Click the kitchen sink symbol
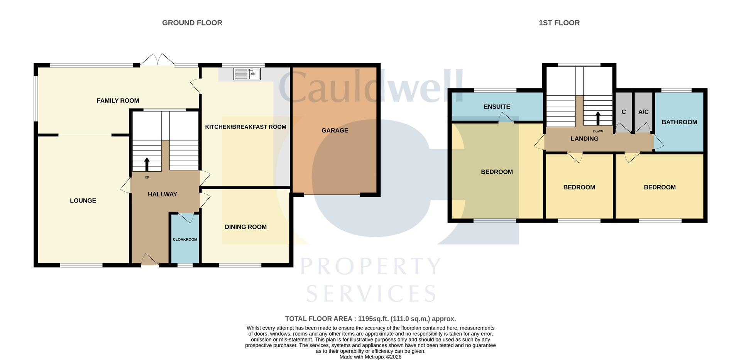(x=247, y=74)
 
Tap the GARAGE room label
(x=335, y=130)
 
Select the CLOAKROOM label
(x=185, y=240)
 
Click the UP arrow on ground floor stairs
(x=147, y=164)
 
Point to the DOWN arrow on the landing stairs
(x=598, y=118)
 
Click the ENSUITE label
(x=497, y=107)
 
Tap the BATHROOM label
(x=679, y=122)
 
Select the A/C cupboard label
(x=643, y=112)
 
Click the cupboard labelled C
(x=624, y=112)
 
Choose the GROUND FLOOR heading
(x=192, y=23)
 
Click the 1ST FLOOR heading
(x=559, y=23)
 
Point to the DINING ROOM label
(x=245, y=227)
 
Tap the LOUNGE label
(x=83, y=201)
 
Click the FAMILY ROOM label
(x=118, y=101)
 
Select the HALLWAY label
(x=162, y=194)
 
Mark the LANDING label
(x=584, y=139)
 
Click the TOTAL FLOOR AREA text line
(x=370, y=319)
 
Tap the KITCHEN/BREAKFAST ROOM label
(x=245, y=127)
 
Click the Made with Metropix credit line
(x=370, y=357)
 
